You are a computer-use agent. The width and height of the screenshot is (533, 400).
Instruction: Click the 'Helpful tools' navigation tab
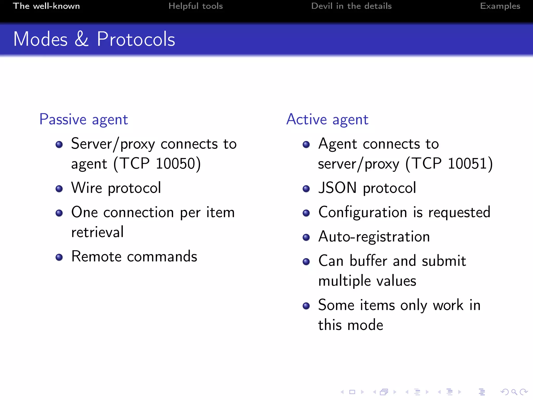[x=195, y=6]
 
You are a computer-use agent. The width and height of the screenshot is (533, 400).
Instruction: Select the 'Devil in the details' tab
[x=351, y=6]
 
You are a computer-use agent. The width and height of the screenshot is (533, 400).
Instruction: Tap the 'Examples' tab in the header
[x=500, y=6]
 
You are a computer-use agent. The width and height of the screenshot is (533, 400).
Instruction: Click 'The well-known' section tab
[x=46, y=6]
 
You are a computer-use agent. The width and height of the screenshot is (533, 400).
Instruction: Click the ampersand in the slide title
[x=82, y=39]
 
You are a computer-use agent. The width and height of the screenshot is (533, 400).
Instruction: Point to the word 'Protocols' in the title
[x=136, y=39]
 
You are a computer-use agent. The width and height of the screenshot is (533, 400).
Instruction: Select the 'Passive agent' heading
[x=84, y=120]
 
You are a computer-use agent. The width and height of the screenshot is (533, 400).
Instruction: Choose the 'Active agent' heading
[x=327, y=120]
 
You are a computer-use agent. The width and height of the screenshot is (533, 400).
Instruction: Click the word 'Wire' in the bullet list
[x=87, y=188]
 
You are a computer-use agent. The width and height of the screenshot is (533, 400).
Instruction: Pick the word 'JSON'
[x=337, y=188]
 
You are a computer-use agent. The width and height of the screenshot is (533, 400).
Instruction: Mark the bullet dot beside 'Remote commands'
[x=59, y=257]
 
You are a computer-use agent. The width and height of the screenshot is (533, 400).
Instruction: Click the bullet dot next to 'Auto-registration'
[x=306, y=237]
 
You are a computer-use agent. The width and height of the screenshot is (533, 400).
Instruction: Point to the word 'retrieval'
[x=97, y=232]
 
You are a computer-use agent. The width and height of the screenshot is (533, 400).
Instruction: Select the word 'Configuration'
[x=363, y=213]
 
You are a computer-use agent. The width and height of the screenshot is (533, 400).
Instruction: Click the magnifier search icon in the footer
[x=514, y=392]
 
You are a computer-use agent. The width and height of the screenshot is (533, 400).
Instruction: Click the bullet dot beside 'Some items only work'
[x=306, y=306]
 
